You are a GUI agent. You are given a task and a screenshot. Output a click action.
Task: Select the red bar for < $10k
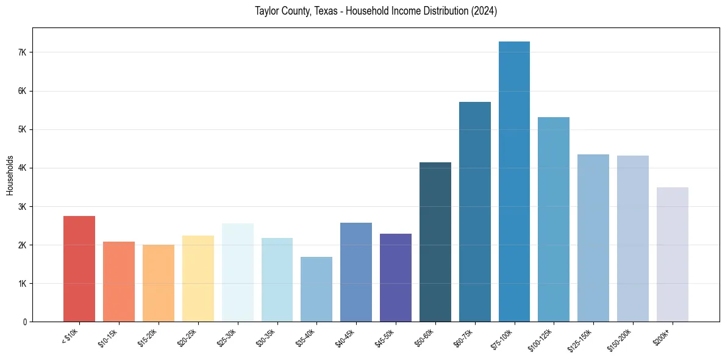pyautogui.click(x=79, y=268)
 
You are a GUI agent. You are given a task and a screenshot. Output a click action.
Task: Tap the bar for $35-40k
pyautogui.click(x=316, y=289)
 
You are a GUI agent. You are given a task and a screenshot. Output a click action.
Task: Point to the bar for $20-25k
pyautogui.click(x=198, y=278)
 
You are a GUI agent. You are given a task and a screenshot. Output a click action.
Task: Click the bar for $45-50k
pyautogui.click(x=396, y=278)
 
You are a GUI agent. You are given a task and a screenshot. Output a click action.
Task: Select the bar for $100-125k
pyautogui.click(x=554, y=219)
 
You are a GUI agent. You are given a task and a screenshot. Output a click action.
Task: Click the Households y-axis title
pyautogui.click(x=10, y=175)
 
